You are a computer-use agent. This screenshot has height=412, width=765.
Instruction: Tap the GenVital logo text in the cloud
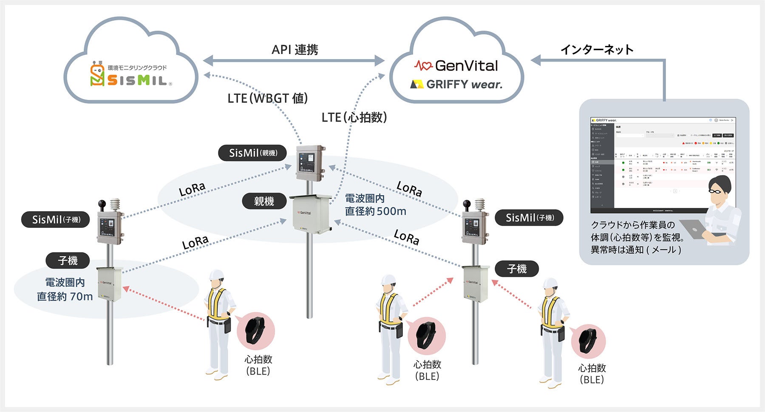point(456,65)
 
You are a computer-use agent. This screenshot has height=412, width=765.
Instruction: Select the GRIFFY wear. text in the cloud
point(457,84)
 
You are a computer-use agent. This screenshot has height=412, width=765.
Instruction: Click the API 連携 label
point(295,50)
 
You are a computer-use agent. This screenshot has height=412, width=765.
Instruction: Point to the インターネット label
point(597,50)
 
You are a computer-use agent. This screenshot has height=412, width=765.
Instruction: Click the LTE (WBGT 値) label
point(267,98)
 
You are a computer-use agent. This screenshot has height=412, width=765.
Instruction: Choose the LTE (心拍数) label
point(354,117)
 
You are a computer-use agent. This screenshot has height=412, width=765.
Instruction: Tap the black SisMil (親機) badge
point(252,153)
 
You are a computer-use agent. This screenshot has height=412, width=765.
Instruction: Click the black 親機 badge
point(264,201)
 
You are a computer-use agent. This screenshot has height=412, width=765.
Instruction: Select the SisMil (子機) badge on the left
point(56,219)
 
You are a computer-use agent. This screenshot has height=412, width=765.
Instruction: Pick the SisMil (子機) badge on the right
point(529,218)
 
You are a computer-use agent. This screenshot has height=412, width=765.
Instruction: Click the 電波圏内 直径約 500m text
point(375,205)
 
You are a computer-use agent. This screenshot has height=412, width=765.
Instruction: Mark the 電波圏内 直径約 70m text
point(65,290)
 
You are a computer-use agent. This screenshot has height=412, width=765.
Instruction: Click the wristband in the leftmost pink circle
point(255,330)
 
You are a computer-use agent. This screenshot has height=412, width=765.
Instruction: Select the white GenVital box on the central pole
point(311,213)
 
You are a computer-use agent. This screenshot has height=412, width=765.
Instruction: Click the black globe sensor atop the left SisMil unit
point(102,205)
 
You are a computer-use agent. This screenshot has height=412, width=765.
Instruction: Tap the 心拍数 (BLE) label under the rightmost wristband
point(592,374)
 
